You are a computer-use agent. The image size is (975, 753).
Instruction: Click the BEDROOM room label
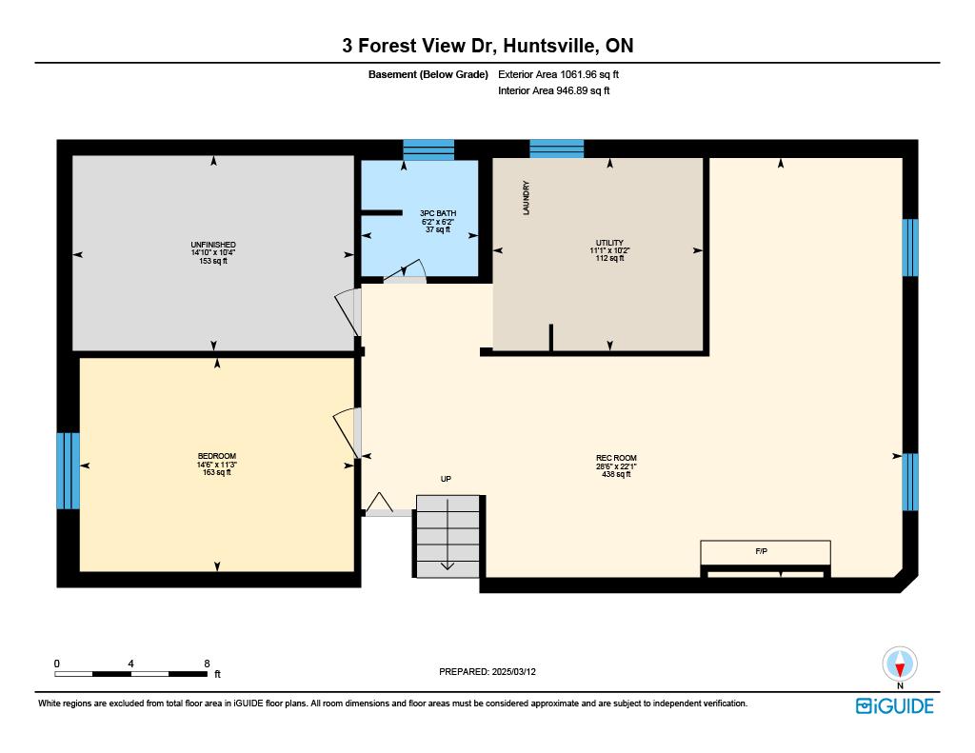[x=217, y=456]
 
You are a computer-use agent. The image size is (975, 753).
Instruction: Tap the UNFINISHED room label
[x=213, y=245]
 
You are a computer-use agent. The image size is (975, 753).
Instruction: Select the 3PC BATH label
[x=438, y=213]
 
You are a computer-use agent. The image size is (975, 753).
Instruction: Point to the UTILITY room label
[x=609, y=243]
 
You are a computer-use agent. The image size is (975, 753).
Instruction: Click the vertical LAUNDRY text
[x=526, y=198]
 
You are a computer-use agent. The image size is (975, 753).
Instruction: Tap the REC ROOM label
[x=616, y=458]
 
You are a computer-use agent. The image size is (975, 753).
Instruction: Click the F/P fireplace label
[x=761, y=551]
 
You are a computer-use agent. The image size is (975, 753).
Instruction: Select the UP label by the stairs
[x=446, y=479]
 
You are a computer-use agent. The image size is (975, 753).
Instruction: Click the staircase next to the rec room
[x=448, y=536]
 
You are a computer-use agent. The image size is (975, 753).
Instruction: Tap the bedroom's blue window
[x=68, y=470]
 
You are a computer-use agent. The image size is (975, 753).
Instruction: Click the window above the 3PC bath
[x=428, y=149]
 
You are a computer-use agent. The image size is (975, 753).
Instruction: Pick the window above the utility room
[x=556, y=149]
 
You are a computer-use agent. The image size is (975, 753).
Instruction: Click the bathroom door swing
[x=405, y=271]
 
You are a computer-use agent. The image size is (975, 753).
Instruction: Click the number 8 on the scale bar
[x=207, y=664]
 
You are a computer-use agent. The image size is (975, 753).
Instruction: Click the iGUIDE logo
[x=895, y=705]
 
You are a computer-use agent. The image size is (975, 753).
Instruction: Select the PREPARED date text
[x=487, y=671]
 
